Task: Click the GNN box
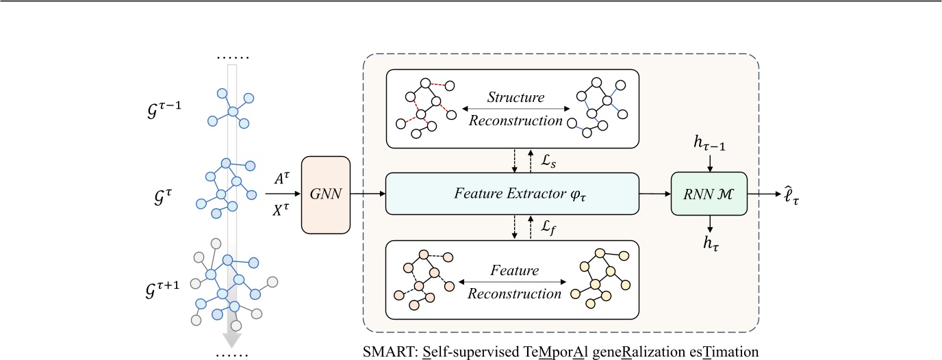point(326,195)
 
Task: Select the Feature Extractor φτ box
point(511,195)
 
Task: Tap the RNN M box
point(709,195)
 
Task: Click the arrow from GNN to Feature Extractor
point(368,195)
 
